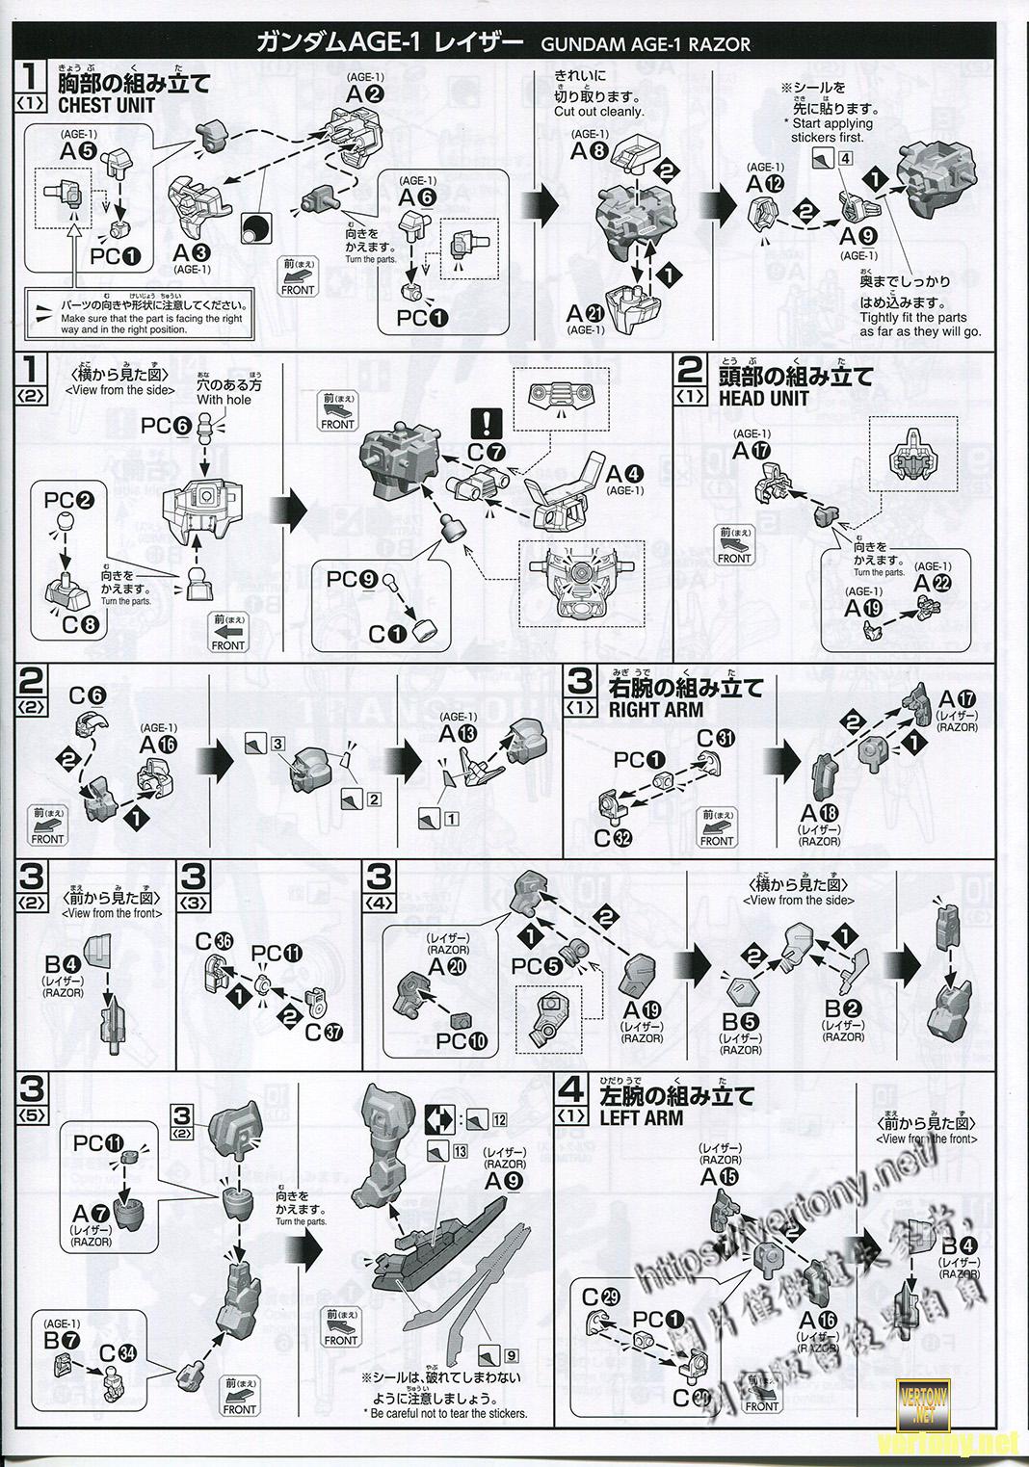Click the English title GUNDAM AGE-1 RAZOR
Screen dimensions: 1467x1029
coord(645,44)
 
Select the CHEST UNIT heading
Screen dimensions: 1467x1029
coord(106,106)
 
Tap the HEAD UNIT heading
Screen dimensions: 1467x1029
coord(763,398)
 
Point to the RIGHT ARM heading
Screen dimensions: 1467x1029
coord(656,710)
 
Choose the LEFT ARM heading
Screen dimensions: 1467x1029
coord(641,1118)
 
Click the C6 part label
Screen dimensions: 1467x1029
coord(87,695)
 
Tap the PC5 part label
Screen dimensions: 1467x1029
coord(536,966)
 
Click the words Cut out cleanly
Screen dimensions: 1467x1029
coord(598,111)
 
